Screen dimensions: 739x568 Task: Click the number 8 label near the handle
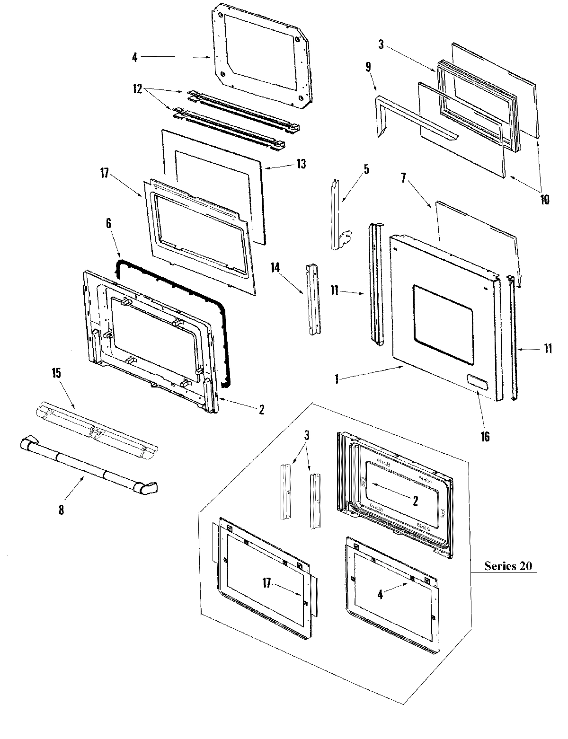[61, 510]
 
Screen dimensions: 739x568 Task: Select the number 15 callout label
[56, 373]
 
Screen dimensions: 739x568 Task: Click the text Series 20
[508, 565]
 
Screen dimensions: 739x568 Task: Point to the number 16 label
[485, 436]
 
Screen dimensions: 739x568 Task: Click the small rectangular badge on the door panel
[476, 381]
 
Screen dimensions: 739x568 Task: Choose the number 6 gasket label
[109, 224]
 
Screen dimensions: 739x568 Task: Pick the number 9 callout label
[368, 67]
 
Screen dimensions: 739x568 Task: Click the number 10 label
[544, 199]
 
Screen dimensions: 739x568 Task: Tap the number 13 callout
[302, 164]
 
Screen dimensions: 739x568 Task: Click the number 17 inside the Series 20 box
[267, 583]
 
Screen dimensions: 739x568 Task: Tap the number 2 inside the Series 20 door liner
[415, 501]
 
